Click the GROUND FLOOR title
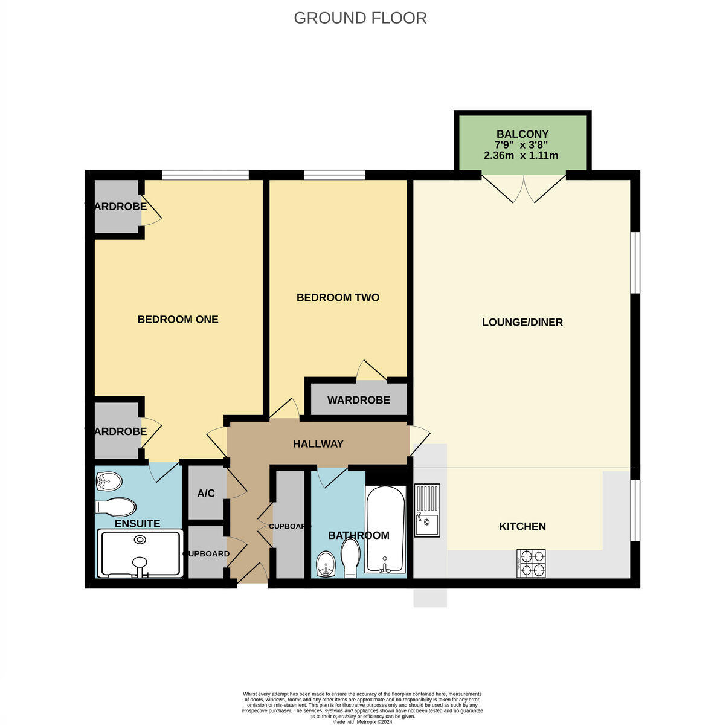coord(360,18)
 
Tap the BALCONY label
coord(522,134)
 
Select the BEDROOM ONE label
coord(178,319)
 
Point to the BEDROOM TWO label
coord(338,297)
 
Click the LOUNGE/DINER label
coord(522,322)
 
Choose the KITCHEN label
coord(522,526)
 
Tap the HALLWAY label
coord(318,443)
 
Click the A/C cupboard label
coord(206,493)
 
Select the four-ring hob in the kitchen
coord(531,563)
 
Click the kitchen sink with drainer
coord(427,511)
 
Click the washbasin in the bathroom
coord(326,564)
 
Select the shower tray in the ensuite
coord(140,553)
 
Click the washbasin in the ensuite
coord(109,482)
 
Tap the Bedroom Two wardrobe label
coord(358,400)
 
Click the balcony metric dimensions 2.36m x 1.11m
coord(521,155)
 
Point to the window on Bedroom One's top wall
coord(205,175)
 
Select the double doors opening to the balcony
coord(523,187)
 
